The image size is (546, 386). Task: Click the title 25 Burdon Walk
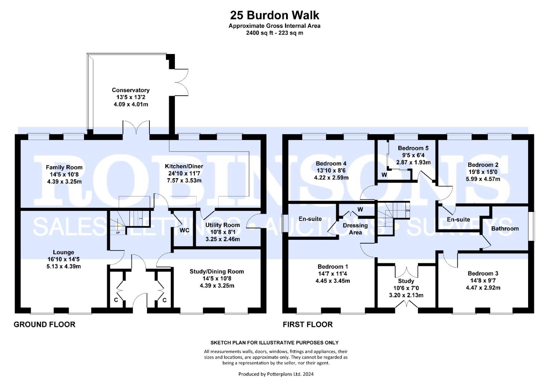click(275, 15)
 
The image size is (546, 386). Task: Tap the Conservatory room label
click(131, 90)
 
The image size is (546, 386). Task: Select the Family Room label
click(64, 167)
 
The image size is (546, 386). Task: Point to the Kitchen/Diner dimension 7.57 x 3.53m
click(184, 180)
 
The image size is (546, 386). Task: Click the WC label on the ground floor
click(184, 230)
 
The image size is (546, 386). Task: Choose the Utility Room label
click(222, 225)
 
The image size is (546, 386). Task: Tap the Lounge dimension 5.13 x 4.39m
click(64, 266)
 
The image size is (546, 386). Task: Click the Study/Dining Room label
click(217, 272)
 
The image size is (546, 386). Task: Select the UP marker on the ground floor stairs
click(118, 233)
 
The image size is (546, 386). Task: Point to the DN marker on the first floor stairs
click(408, 211)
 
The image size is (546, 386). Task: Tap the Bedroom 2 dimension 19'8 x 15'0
click(483, 172)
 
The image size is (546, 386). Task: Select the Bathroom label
click(505, 229)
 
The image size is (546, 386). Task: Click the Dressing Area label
click(355, 229)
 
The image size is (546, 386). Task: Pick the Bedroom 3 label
click(483, 273)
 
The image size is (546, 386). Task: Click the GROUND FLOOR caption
click(44, 325)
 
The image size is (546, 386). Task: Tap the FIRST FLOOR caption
click(308, 325)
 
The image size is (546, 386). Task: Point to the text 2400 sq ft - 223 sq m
click(275, 33)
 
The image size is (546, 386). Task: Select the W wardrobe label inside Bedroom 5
click(384, 175)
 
